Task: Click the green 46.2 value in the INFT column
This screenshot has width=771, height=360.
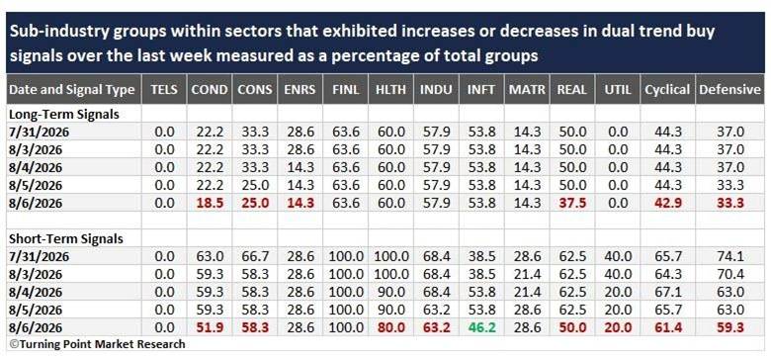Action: pos(482,327)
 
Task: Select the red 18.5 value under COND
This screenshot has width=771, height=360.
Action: pos(210,203)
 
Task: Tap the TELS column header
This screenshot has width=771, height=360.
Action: pos(164,90)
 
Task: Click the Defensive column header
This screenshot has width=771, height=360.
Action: pos(729,90)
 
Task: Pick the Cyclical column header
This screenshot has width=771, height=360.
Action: pos(668,90)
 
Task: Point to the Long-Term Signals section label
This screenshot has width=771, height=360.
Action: pos(64,115)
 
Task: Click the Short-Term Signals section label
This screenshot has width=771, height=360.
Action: pos(66,239)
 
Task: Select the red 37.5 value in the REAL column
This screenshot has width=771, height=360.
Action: pos(572,203)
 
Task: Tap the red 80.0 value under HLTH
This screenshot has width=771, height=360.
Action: pos(391,327)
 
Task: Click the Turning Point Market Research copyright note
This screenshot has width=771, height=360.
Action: pos(97,344)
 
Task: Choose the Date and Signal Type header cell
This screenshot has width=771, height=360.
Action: pos(72,90)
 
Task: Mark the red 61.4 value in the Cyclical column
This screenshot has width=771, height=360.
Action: pos(668,327)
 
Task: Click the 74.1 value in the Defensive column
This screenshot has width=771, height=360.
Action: pos(729,256)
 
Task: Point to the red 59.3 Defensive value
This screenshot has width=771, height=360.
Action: pos(729,327)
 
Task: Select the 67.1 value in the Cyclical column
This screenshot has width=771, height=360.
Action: pos(668,292)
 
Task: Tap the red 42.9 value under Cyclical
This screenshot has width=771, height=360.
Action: pos(668,203)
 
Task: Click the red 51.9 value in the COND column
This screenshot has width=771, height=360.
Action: pos(210,327)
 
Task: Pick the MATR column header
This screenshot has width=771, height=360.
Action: pos(527,90)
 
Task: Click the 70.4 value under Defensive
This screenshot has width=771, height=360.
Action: pos(729,274)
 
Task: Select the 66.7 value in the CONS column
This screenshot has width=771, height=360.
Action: pos(255,256)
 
